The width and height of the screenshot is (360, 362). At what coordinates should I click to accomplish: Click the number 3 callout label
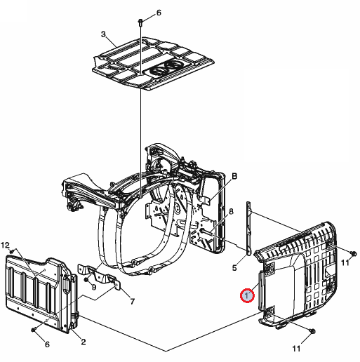point(103,34)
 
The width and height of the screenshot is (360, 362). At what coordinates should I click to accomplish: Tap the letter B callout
point(234,176)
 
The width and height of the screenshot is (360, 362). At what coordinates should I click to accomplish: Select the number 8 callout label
point(231,211)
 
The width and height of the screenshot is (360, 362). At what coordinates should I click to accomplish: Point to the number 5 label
point(234,268)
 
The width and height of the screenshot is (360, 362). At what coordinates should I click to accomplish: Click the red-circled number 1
point(247,295)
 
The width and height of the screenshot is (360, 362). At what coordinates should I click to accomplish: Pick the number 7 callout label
point(133,302)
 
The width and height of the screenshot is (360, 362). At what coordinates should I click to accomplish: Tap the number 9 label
point(94,287)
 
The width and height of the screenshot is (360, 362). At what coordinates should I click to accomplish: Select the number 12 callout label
point(5,245)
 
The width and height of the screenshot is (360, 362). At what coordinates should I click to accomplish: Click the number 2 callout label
point(84,342)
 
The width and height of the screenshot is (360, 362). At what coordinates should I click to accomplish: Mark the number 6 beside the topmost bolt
point(159,13)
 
